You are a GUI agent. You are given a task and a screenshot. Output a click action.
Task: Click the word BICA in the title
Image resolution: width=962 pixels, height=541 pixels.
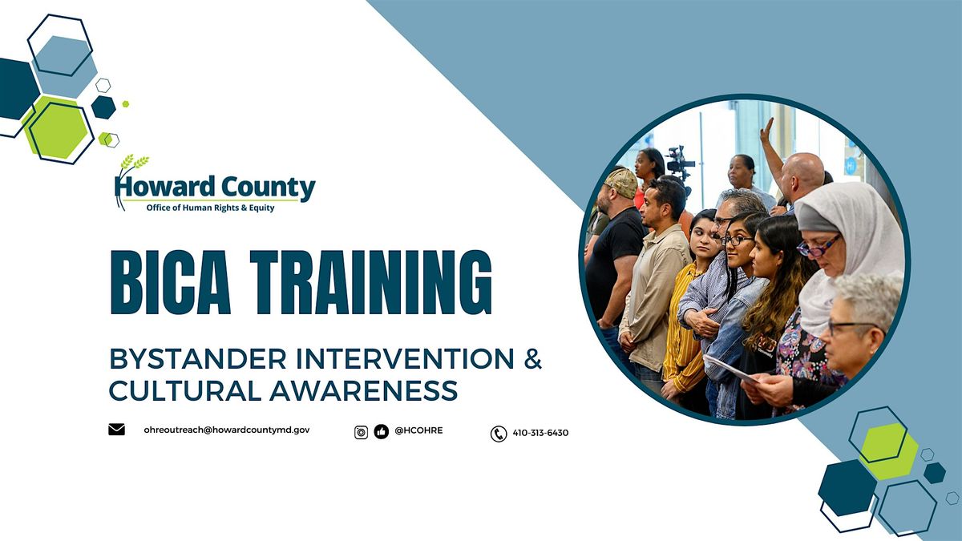171,282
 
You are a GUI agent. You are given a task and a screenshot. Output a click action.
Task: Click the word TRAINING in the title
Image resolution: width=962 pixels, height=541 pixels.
371,282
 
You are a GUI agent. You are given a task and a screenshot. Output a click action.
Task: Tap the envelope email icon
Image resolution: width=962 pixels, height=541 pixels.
116,430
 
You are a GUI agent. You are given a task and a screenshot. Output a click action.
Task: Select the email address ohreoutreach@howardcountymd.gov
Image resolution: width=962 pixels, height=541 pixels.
226,430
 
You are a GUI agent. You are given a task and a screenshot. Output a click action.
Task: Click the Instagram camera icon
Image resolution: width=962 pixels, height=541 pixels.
362,432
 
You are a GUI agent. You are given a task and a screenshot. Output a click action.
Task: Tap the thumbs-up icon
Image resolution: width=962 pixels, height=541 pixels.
381,432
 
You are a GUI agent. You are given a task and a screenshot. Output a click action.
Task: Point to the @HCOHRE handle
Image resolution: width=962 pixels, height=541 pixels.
418,430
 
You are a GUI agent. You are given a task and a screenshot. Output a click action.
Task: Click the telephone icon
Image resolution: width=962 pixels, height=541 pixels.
499,434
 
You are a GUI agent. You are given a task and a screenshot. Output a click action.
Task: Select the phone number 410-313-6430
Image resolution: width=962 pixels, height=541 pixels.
540,433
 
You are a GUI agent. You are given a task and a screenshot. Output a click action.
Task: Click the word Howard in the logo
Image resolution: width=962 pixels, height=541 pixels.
164,187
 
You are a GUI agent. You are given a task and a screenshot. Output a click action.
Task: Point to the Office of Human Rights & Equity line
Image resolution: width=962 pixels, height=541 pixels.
210,208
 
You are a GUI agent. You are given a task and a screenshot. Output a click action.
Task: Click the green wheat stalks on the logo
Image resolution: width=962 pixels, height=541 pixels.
134,162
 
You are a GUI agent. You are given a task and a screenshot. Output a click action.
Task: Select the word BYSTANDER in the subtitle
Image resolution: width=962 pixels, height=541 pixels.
198,359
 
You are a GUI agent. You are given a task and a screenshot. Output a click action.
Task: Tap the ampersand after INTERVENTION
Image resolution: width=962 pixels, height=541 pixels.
533,358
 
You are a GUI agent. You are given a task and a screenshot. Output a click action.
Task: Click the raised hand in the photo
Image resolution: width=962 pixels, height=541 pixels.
766,131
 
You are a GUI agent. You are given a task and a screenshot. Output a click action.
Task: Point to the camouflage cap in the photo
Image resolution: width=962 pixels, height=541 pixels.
620,183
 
